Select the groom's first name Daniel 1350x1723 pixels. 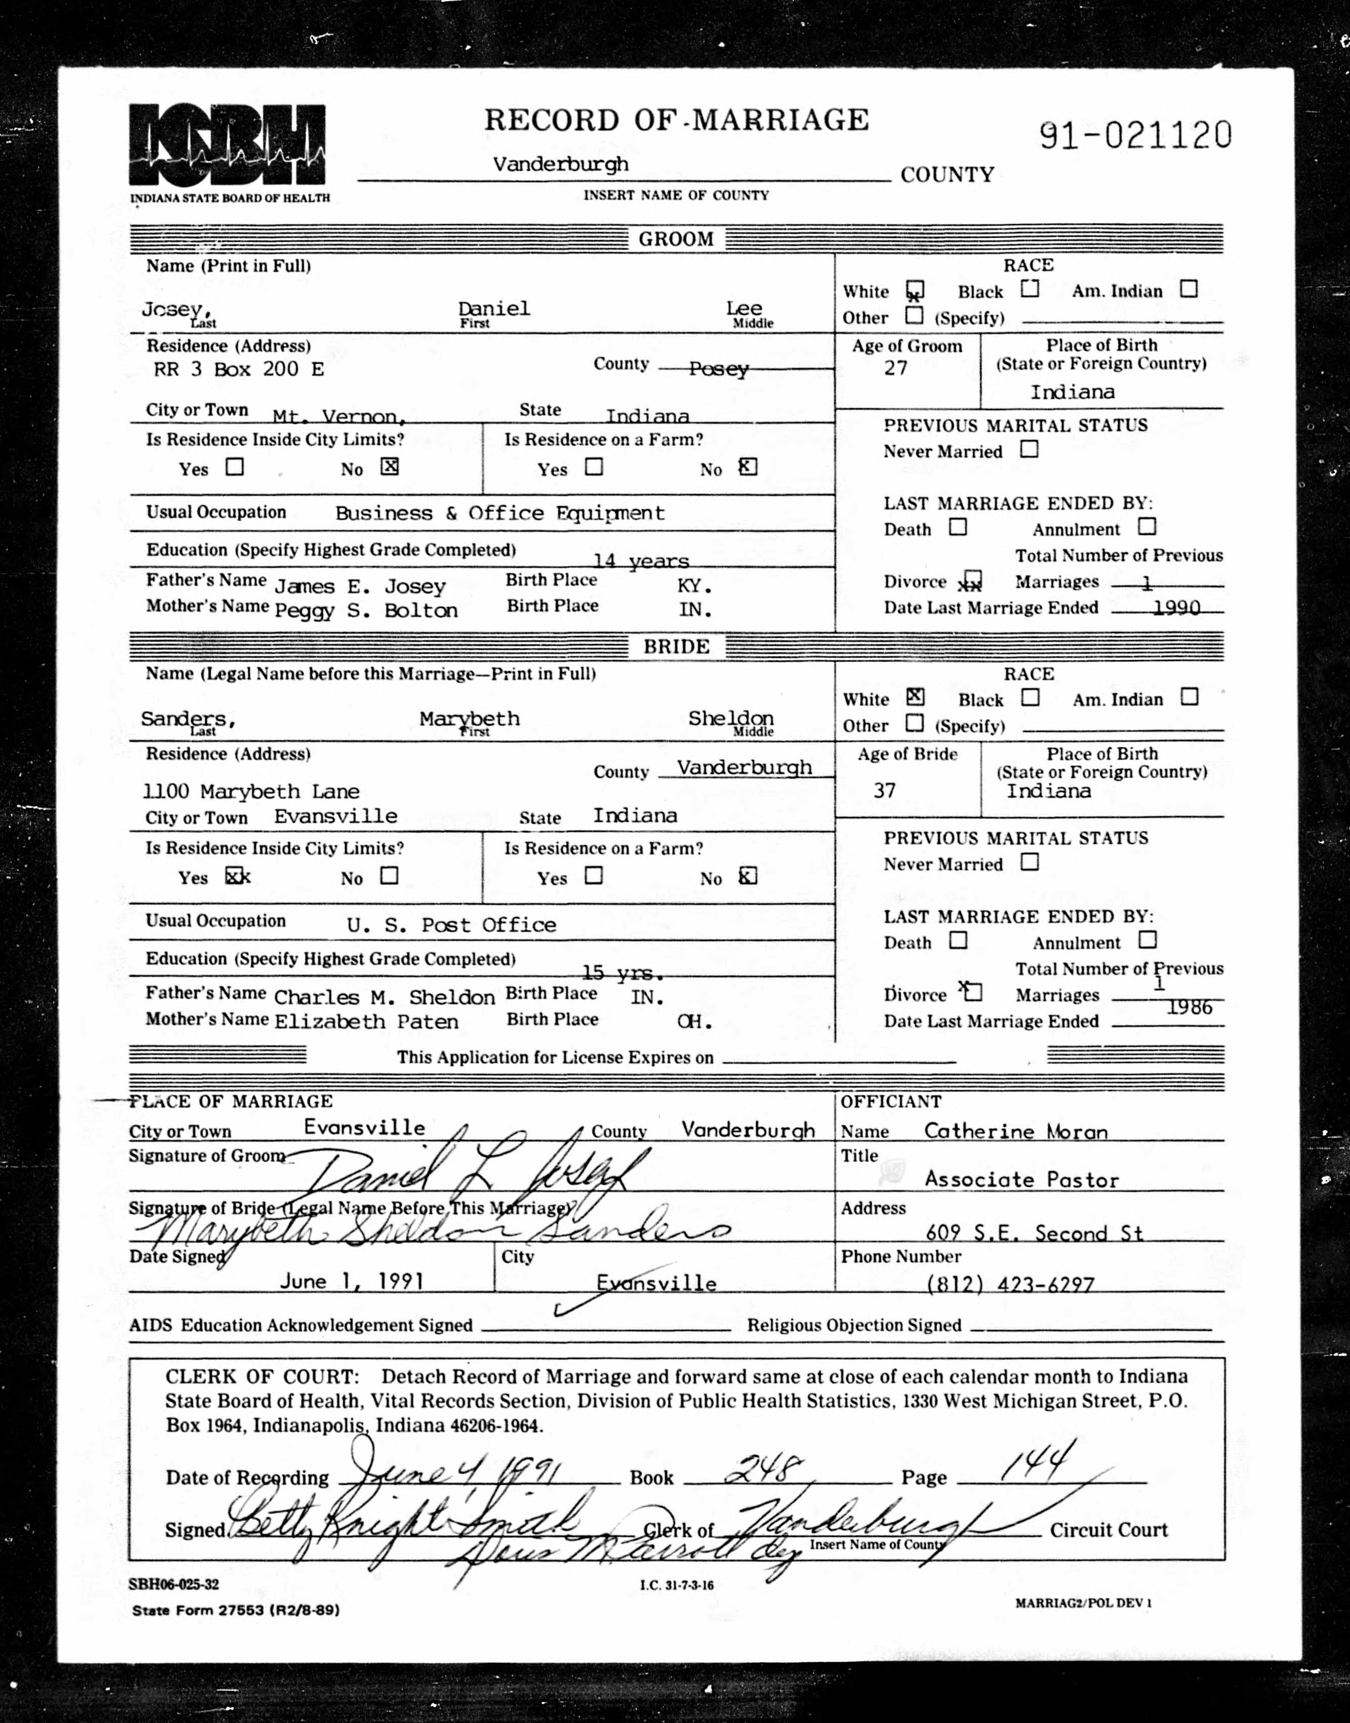pyautogui.click(x=494, y=308)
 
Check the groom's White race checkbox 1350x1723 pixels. pyautogui.click(x=915, y=290)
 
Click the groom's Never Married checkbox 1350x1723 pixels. pyautogui.click(x=1029, y=449)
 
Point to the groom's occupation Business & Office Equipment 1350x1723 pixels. pyautogui.click(x=499, y=513)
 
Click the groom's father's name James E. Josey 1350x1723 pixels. pyautogui.click(x=360, y=586)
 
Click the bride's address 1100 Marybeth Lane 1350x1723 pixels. pyautogui.click(x=251, y=791)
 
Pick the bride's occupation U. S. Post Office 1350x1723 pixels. pyautogui.click(x=451, y=924)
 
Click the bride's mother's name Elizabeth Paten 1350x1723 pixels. pyautogui.click(x=366, y=1021)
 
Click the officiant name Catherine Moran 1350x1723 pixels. pyautogui.click(x=1016, y=1131)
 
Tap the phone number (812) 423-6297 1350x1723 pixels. pyautogui.click(x=1010, y=1284)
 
